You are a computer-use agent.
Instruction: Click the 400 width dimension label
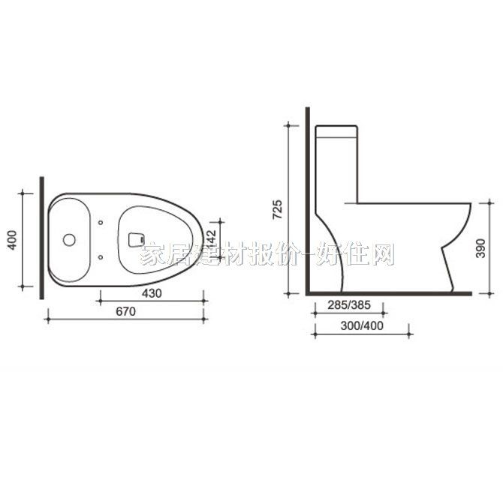11,240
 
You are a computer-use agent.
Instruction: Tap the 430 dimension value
152,293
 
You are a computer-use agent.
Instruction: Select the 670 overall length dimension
125,312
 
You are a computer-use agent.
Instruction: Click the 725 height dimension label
277,208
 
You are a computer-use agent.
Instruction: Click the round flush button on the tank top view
68,240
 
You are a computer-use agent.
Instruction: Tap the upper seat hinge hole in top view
101,222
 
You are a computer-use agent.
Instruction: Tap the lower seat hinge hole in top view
101,258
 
